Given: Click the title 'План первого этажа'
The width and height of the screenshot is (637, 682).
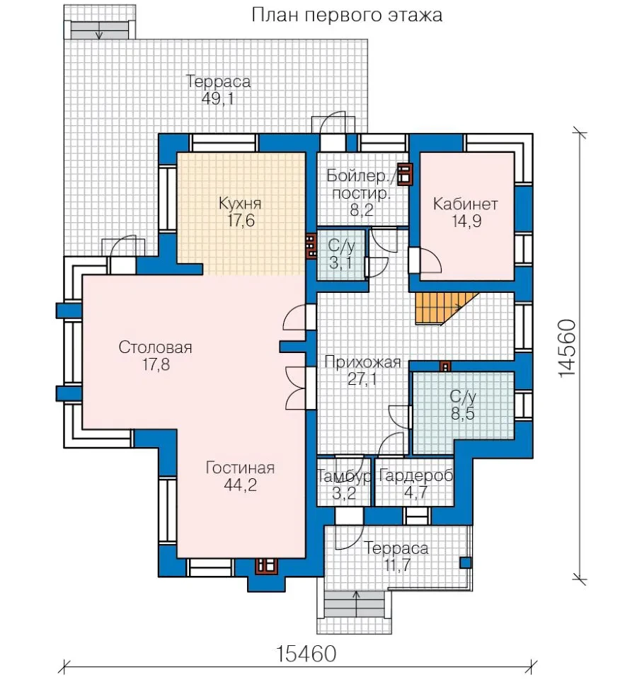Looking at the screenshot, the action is pos(347,16).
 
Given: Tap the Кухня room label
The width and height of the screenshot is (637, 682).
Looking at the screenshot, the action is pos(240,203).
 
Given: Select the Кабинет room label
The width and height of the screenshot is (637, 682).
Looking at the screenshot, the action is pos(465,204).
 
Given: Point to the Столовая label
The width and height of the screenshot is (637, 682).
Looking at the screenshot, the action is pos(155,347).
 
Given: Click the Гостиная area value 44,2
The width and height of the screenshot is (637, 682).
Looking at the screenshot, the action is pos(240,485).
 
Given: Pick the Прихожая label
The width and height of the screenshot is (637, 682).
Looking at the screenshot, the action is pos(362,362).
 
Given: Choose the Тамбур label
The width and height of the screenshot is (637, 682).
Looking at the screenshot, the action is pos(344,476).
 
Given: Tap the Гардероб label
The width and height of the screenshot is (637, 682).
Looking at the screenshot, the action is pos(416,476).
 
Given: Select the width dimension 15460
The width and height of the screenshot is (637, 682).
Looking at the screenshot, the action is pos(306,653).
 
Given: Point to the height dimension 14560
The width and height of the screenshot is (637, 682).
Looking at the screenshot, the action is pos(568,349).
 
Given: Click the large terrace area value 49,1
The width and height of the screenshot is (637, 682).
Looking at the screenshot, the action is pos(218,99).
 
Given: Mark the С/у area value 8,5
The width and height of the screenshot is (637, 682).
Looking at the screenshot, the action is pos(462,413).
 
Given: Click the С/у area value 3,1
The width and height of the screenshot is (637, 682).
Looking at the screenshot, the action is pos(340,262).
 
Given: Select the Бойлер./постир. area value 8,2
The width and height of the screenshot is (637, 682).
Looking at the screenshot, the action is pos(362,210).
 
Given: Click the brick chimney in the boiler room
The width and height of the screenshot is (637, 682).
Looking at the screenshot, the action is pos(405,174).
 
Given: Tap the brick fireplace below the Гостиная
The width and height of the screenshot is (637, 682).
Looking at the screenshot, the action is pos(267,566).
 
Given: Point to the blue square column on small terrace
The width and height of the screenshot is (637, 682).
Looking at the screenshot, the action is pos(465,562).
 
